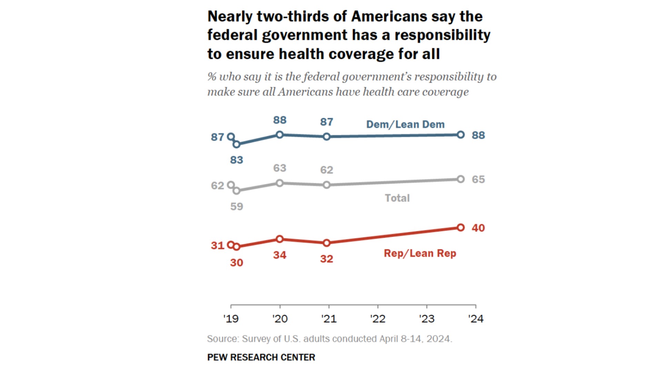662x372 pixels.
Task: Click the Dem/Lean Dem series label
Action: tap(405, 124)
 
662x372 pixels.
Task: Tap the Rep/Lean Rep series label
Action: tap(420, 254)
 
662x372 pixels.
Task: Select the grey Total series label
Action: tap(397, 198)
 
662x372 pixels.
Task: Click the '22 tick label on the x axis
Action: tap(378, 319)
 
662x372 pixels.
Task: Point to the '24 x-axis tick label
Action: tap(476, 319)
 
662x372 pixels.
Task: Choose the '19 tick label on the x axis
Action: tap(231, 319)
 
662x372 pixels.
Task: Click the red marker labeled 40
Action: tap(461, 227)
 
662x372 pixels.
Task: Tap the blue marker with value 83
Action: tap(237, 144)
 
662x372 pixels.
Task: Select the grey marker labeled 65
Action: tap(461, 179)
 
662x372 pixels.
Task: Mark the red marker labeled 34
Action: tap(280, 239)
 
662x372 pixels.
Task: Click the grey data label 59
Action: tap(237, 206)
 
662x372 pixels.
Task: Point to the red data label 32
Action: tap(327, 259)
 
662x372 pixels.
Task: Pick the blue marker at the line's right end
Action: tap(461, 135)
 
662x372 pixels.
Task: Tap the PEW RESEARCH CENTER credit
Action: tap(261, 357)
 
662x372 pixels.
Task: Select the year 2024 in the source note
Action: tap(438, 339)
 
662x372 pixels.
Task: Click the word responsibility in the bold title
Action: tap(442, 35)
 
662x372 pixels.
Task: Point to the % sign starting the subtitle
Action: tap(212, 76)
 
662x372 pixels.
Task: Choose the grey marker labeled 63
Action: tap(280, 183)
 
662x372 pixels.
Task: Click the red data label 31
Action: tap(217, 246)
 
